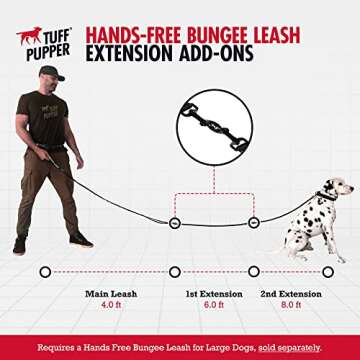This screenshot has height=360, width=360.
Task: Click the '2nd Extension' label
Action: coord(290,294)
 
